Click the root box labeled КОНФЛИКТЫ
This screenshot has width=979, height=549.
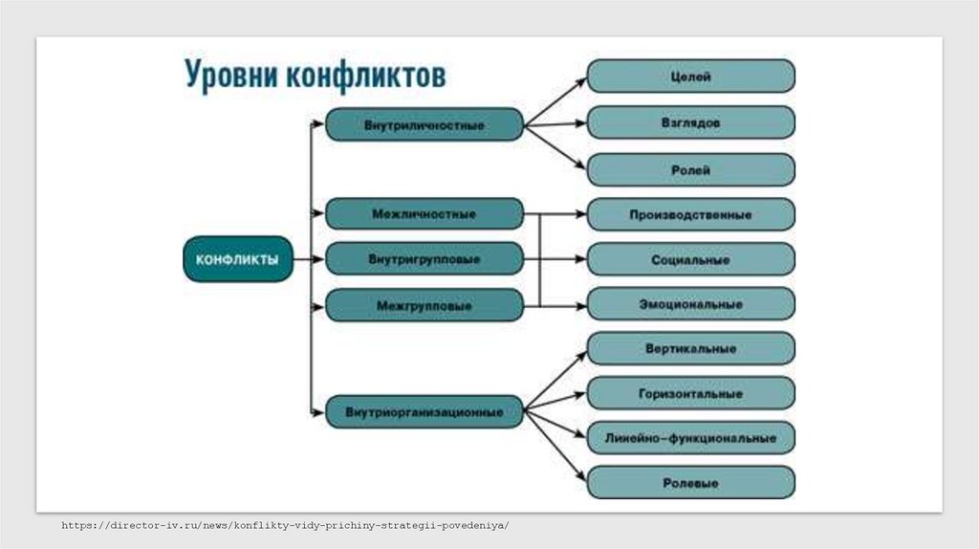(x=238, y=258)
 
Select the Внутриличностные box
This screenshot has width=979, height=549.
(x=424, y=125)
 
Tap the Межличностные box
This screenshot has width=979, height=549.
(x=424, y=214)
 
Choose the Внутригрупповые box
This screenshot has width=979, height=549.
(x=424, y=259)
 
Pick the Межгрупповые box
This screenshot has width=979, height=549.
(x=424, y=306)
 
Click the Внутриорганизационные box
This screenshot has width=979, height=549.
(x=424, y=413)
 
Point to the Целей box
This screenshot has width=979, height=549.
(x=690, y=77)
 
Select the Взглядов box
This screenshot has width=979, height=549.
(x=690, y=123)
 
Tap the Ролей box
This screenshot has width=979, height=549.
(x=690, y=169)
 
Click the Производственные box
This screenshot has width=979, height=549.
(x=690, y=214)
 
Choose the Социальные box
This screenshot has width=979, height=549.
(x=690, y=259)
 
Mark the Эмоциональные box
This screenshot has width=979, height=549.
(x=690, y=304)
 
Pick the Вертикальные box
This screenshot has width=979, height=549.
(x=690, y=349)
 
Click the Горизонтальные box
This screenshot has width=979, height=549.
(x=690, y=393)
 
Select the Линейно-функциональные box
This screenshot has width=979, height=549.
(x=690, y=438)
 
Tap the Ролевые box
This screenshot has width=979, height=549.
(x=690, y=483)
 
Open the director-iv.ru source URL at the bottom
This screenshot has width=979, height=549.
(x=285, y=526)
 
